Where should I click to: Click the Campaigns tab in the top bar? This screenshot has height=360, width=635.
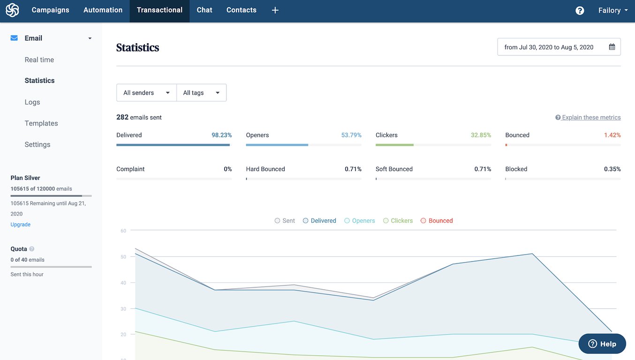50,10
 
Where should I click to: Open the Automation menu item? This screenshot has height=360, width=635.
103,10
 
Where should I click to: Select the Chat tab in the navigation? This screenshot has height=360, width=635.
204,10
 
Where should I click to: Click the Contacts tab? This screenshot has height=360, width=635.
241,10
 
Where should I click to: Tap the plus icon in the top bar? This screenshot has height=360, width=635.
275,10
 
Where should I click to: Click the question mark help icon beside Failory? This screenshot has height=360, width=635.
580,10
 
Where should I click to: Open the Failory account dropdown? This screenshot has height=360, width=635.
612,10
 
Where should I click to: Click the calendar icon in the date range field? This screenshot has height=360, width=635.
612,47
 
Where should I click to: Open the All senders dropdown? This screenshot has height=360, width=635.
146,93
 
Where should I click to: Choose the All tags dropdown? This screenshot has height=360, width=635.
201,93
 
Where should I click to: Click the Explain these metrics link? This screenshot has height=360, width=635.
591,118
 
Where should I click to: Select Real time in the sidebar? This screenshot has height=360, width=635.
39,60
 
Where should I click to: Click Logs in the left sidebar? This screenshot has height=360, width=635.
32,102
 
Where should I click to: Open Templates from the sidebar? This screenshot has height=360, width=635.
41,123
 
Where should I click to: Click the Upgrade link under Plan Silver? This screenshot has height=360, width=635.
21,225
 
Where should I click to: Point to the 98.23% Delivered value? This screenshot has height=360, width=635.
221,135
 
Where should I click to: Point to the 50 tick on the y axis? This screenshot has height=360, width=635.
123,257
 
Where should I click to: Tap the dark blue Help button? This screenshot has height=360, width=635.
602,344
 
